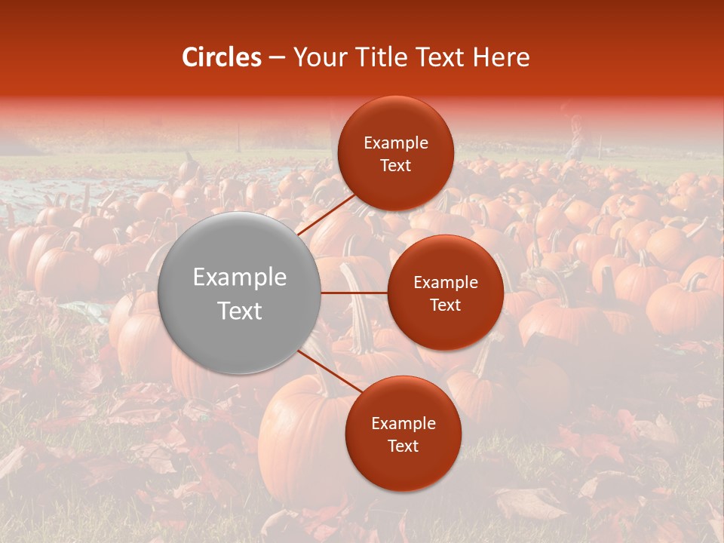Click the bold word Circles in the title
point(222,57)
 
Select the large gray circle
point(239,293)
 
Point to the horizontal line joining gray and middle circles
point(354,293)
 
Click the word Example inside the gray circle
point(240,278)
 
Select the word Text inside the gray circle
point(240,311)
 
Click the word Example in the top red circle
point(396,143)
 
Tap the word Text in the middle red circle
point(446,305)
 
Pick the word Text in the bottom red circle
point(403,446)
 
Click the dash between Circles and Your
point(277,57)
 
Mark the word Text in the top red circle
point(396,166)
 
